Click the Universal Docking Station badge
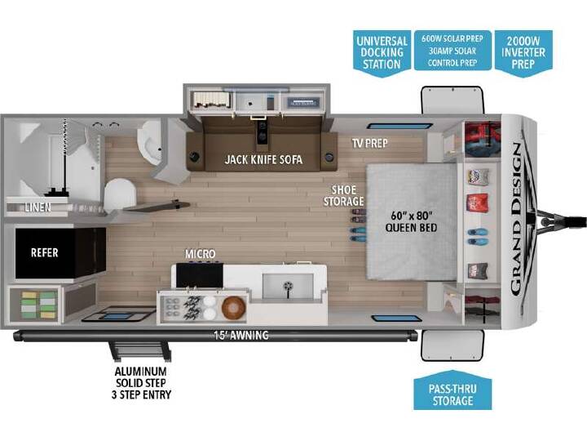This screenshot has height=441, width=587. [x=382, y=53]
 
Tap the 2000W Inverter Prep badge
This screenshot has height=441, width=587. [x=523, y=53]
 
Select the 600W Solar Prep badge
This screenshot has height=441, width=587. [x=452, y=51]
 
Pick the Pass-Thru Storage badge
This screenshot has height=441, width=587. [x=452, y=390]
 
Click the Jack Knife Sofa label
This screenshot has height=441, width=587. [x=263, y=160]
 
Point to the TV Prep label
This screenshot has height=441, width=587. [x=369, y=143]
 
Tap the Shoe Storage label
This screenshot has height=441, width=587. [x=344, y=196]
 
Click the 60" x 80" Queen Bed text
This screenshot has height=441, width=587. [x=411, y=221]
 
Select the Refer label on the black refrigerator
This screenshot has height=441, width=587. [x=45, y=252]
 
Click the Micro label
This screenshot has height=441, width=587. [x=201, y=254]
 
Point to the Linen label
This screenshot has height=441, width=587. [x=38, y=207]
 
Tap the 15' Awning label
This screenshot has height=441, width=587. [x=241, y=335]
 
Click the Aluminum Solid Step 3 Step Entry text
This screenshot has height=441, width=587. [x=141, y=383]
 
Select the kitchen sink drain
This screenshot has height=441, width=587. [x=288, y=286]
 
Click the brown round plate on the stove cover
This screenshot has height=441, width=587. [x=234, y=308]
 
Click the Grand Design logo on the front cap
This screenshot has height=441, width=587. [x=517, y=219]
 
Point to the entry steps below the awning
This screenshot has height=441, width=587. [x=140, y=351]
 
